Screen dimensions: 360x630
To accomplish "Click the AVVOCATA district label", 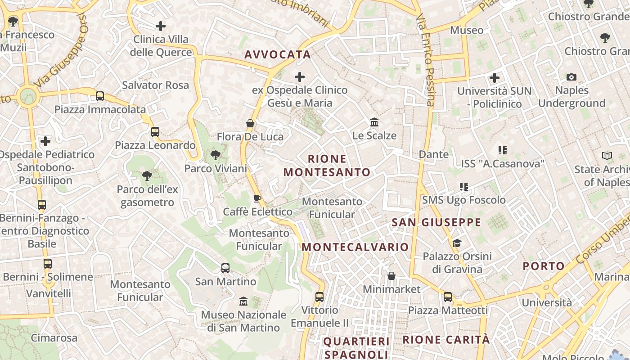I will click(x=277, y=55).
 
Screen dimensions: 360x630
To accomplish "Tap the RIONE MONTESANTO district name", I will click(x=327, y=166).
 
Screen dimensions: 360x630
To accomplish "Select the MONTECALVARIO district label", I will click(x=355, y=247).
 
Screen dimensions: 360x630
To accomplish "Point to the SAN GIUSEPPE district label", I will click(x=436, y=222).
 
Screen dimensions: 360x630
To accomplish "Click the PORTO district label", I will click(x=544, y=266).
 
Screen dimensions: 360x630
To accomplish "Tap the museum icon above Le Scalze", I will click(x=374, y=122).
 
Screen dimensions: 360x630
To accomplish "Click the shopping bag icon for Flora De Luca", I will click(x=250, y=123).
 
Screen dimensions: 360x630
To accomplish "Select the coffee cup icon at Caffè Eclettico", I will click(x=257, y=198).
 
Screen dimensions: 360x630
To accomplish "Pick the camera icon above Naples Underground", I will click(x=571, y=77).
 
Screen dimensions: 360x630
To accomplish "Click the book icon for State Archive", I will click(x=607, y=156).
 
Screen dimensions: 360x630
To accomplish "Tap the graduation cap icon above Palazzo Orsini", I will click(x=457, y=243).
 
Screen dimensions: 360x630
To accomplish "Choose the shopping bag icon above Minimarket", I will click(x=391, y=276).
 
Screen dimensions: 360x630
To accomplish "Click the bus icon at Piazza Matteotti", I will click(x=448, y=297).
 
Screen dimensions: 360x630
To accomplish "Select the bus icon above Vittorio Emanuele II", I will click(x=319, y=297).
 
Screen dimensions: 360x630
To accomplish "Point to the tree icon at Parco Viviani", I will click(x=216, y=155).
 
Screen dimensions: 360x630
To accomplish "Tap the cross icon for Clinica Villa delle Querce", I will click(x=161, y=26).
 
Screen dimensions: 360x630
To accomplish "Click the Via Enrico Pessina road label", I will click(x=426, y=61).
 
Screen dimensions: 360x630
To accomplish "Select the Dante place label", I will click(x=434, y=154).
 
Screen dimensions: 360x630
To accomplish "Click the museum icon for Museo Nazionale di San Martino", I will click(x=243, y=301).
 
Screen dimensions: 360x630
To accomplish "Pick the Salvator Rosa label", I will click(x=156, y=85).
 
